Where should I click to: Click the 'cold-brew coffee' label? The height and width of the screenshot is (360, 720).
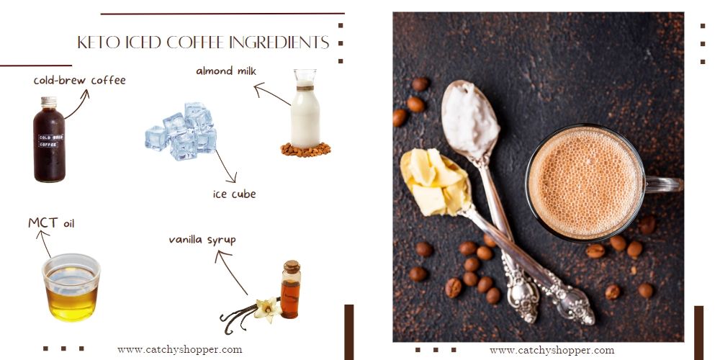(x=79, y=81)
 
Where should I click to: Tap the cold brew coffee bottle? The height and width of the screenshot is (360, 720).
(x=49, y=140)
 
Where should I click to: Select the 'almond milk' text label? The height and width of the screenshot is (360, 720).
(x=226, y=71)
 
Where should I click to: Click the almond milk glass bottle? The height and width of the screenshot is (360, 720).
(x=305, y=112)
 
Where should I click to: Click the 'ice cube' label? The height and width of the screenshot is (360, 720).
(x=234, y=194)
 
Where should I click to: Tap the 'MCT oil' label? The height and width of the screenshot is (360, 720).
(x=51, y=223)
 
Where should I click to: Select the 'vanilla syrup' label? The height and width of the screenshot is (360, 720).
(x=202, y=239)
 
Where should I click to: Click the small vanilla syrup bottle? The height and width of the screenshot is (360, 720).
(x=290, y=290)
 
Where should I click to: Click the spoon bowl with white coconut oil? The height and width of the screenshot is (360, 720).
(x=469, y=114)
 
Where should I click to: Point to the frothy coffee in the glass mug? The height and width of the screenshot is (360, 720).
(x=585, y=182)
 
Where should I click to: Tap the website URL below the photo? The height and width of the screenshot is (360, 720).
(x=552, y=350)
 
